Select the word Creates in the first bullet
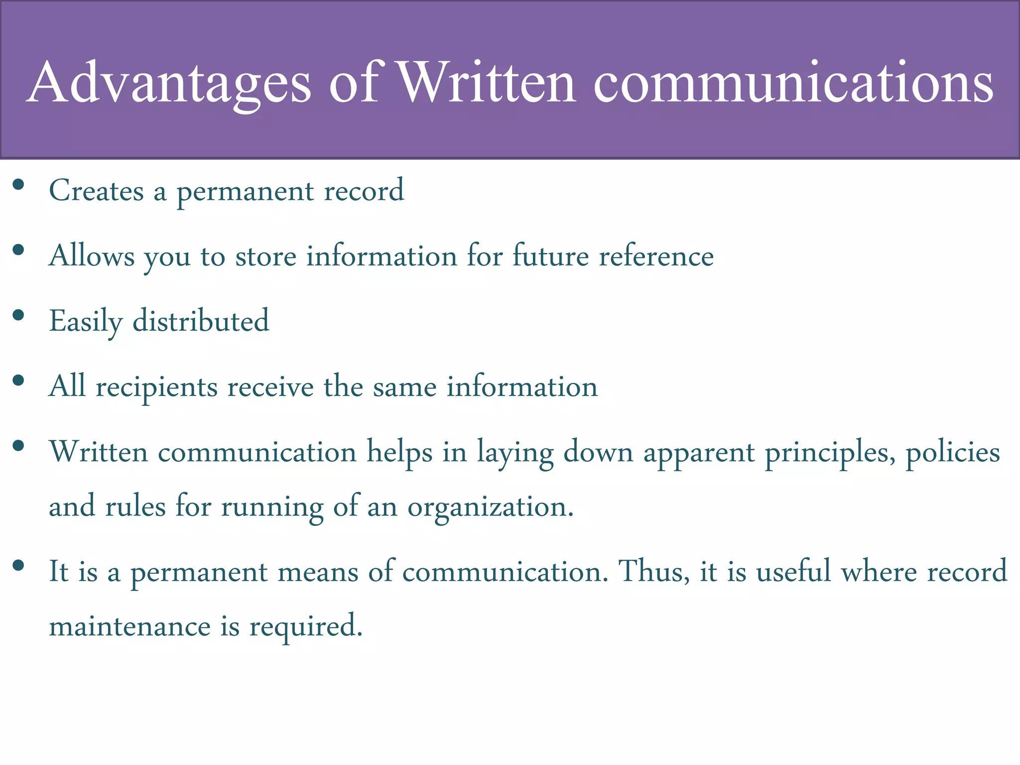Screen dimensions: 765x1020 (96, 191)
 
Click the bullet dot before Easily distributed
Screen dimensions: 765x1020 (18, 315)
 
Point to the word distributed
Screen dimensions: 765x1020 (201, 321)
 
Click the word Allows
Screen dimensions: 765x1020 (92, 256)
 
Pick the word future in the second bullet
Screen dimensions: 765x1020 (550, 256)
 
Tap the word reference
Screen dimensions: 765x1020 (656, 256)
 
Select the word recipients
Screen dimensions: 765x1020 (156, 387)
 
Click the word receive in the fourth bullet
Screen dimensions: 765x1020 (270, 386)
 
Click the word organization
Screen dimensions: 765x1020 (490, 508)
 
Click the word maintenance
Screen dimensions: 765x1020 (129, 626)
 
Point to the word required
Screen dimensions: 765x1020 (305, 627)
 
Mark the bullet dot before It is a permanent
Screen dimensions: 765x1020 (18, 565)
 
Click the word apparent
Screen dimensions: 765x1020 (699, 453)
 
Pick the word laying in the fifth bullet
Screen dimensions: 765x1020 (515, 453)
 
